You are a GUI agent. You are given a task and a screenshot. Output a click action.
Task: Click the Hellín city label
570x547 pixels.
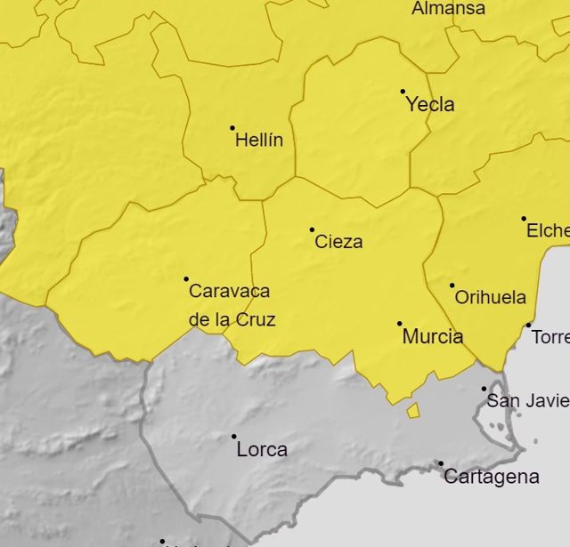(259, 141)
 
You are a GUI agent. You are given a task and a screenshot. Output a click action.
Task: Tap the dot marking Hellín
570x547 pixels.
(232, 128)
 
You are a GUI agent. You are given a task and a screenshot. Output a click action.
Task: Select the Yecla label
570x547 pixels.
(430, 105)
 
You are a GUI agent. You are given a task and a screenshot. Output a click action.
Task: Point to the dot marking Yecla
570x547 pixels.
(403, 91)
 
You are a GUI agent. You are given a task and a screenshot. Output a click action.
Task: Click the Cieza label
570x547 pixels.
(339, 242)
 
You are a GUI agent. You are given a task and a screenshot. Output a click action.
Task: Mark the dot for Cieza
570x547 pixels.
(312, 229)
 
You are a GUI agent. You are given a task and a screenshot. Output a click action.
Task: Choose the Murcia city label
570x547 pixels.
(433, 337)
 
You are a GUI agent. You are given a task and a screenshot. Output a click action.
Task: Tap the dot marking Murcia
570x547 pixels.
(399, 324)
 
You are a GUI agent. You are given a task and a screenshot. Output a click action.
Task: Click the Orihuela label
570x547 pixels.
(490, 298)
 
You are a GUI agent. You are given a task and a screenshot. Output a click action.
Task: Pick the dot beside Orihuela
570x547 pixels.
(452, 286)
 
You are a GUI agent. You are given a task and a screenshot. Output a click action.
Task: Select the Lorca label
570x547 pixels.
(262, 450)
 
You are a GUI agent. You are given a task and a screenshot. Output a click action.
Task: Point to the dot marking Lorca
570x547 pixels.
(234, 437)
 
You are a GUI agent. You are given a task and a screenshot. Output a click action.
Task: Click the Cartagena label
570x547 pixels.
(491, 477)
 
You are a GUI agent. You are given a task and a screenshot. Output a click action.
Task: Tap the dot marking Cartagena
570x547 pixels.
(440, 463)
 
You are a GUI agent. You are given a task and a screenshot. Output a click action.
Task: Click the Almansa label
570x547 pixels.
(449, 9)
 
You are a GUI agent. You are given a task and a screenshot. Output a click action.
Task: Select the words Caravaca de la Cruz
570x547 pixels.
(231, 305)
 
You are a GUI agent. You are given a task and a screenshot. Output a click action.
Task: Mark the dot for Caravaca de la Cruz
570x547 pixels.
(186, 279)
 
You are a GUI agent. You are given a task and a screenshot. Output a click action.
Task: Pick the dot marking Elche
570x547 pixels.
(524, 218)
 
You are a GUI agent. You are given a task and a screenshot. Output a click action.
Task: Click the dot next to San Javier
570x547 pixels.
(484, 389)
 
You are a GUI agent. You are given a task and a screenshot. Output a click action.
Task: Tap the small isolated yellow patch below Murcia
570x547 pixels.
(413, 410)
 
